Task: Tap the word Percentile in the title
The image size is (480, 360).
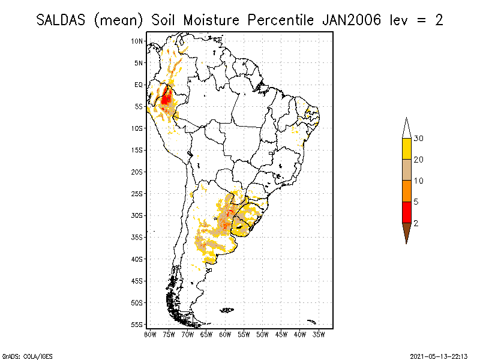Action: point(278,20)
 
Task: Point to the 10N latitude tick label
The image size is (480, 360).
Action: point(137,41)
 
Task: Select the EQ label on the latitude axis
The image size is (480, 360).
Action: point(139,85)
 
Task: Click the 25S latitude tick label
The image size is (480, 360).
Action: point(137,194)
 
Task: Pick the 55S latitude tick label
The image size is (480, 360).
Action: point(137,325)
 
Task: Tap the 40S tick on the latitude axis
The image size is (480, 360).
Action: point(137,259)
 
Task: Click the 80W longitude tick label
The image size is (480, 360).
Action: point(150,334)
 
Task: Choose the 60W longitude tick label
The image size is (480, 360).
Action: point(225,334)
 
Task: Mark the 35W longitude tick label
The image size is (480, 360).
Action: point(319,334)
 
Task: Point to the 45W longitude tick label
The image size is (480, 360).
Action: point(281,334)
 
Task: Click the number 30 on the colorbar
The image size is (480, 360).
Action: point(419,139)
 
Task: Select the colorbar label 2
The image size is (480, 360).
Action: point(416,223)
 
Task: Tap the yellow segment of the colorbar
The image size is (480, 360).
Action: point(406,149)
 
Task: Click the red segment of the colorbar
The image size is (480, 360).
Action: point(406,212)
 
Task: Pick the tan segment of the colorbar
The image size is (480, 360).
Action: point(406,170)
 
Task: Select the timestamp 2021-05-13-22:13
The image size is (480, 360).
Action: point(439,355)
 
